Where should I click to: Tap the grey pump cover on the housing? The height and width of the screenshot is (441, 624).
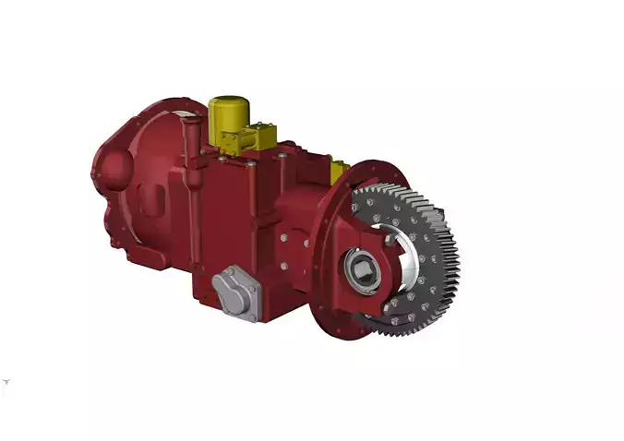click(235, 291)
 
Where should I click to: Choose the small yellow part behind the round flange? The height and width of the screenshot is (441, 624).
click(338, 170)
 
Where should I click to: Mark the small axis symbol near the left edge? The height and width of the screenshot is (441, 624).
click(6, 382)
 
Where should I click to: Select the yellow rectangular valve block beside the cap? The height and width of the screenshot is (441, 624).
click(255, 138)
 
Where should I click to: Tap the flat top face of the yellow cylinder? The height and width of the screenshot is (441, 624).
click(226, 101)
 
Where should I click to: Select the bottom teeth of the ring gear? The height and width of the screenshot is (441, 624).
click(406, 330)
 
